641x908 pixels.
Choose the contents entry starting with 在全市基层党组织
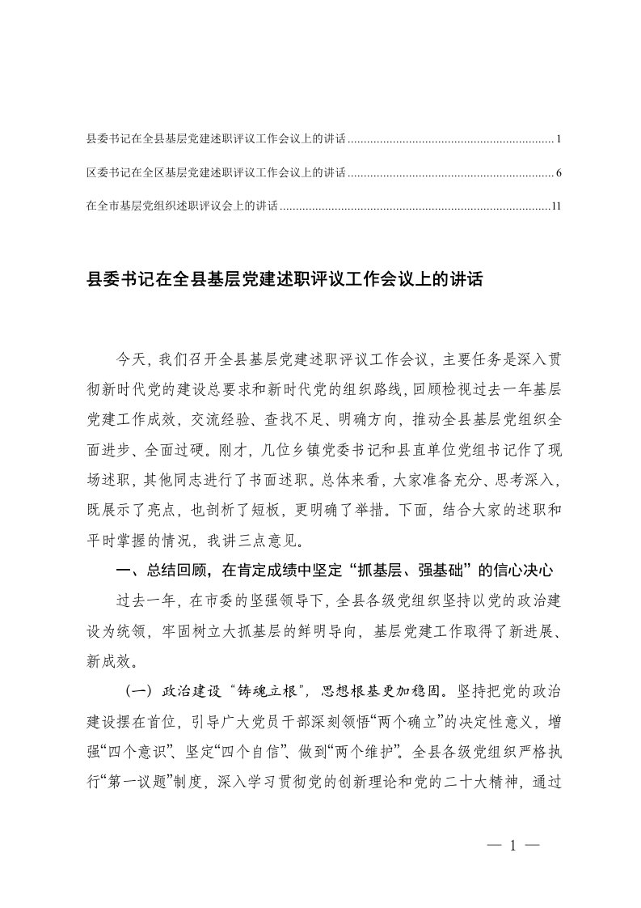181,206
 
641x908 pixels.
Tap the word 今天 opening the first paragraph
130,359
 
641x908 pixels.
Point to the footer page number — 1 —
513,846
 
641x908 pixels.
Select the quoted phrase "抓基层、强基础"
403,571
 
